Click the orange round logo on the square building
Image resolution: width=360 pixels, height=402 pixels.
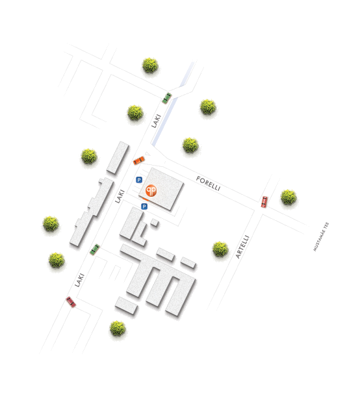coord(151,190)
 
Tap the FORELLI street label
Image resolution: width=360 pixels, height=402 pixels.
coord(208,184)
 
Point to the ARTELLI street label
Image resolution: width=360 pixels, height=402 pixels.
coord(242,247)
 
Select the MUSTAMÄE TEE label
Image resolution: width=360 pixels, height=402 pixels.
coord(321,236)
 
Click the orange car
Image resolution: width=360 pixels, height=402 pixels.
coord(139,160)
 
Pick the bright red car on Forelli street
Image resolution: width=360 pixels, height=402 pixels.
coord(264,202)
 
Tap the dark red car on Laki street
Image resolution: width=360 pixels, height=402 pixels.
coord(71,302)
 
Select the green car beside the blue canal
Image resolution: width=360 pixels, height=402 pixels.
coord(167,98)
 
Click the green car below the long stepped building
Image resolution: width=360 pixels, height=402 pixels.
coord(95,249)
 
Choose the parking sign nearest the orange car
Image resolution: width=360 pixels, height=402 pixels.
coord(139,180)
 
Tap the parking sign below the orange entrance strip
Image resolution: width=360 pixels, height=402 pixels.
coord(144,207)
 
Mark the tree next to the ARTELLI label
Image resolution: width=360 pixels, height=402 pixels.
coord(220,249)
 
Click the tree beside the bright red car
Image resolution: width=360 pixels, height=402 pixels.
coord(289,197)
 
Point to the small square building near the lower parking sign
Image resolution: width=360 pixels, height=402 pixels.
coord(155,223)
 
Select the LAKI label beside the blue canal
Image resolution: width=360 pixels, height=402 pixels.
coord(156,121)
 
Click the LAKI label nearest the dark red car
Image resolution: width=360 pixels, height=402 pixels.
coord(79,280)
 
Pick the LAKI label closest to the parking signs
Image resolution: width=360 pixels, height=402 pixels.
coord(120,196)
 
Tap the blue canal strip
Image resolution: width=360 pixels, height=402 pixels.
coord(173,104)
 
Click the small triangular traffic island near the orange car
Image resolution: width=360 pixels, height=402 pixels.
coord(148,153)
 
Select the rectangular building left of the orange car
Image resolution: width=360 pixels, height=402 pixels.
coord(118,158)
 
